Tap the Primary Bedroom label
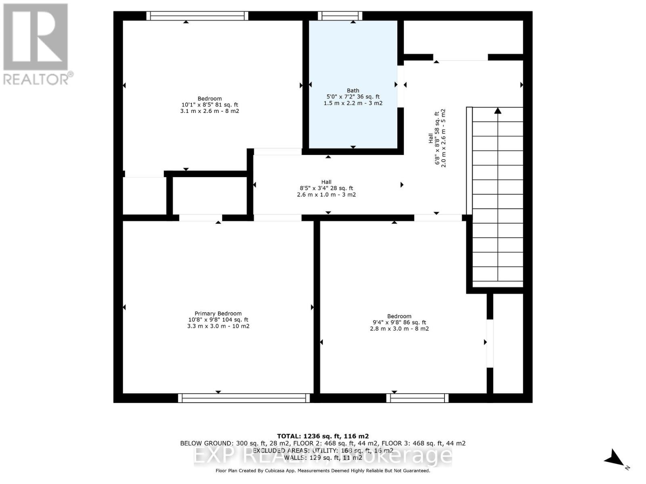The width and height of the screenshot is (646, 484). point(218,313)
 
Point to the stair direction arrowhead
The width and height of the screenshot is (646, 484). point(497,111)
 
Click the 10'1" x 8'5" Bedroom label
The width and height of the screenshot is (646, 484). point(210,104)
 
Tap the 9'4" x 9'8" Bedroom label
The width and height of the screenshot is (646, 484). point(399,322)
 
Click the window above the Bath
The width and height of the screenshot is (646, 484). point(340,16)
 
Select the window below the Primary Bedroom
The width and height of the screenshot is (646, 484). point(244,398)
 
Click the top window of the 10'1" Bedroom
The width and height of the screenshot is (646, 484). point(197,16)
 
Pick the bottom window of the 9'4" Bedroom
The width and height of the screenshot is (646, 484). point(417,398)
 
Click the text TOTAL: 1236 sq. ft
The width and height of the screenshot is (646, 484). point(323,436)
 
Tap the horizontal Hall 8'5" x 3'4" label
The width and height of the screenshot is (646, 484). point(326,188)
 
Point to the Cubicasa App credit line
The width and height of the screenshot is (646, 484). point(323,471)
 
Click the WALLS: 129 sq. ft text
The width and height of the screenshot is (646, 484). point(323,457)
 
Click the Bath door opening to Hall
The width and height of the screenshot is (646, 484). point(401,86)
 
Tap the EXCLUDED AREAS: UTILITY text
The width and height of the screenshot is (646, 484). point(323,450)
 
